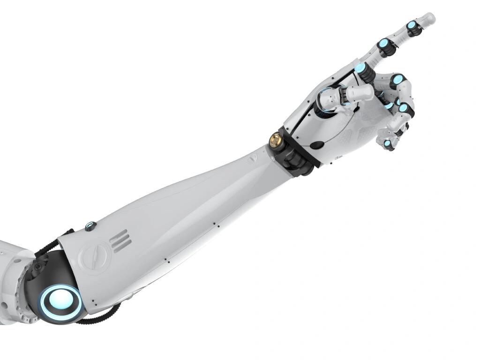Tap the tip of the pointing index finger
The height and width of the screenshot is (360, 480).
coord(429,19)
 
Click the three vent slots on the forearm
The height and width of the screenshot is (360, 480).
coord(119,241)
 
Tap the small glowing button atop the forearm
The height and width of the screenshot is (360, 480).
coord(90,227)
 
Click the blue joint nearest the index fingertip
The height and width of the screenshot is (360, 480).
coord(412,27)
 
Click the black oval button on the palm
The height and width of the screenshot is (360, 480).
coord(318,145)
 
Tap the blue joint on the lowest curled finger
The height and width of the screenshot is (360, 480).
coord(388,143)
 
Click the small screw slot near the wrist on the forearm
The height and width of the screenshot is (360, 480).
coord(254,160)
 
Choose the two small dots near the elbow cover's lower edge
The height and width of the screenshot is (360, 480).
coord(94,300)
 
